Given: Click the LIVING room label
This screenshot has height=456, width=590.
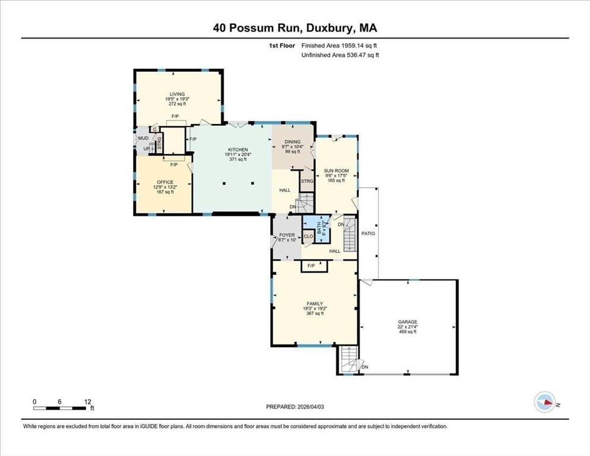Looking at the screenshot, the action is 177,94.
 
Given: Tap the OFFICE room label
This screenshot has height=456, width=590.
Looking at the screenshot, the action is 165,182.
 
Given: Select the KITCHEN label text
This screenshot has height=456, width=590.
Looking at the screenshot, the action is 238,150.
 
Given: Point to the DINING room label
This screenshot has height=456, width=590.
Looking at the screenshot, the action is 293,142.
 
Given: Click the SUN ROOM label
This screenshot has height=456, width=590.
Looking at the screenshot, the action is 337,170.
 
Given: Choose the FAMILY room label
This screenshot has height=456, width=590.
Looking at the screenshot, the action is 315,303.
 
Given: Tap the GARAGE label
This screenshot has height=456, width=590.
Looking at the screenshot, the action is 408,322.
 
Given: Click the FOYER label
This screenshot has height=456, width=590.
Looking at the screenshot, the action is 287,235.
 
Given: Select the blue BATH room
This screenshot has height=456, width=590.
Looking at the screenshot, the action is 316,229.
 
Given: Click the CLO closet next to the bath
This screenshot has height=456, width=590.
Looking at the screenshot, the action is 308,236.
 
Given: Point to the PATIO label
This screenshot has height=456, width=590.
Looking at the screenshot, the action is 368,233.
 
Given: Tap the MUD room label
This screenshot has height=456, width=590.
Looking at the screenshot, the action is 143,138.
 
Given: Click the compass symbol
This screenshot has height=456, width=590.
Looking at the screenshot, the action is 545,402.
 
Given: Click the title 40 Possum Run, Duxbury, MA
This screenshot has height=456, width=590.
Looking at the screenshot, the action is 295,28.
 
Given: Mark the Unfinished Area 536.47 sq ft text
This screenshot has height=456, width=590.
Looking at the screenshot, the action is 340,55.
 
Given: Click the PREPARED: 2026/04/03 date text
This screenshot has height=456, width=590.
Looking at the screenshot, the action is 295,407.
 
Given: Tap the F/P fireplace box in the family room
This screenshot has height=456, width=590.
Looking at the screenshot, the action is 314,266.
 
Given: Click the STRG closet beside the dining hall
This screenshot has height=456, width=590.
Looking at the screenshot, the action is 307,181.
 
